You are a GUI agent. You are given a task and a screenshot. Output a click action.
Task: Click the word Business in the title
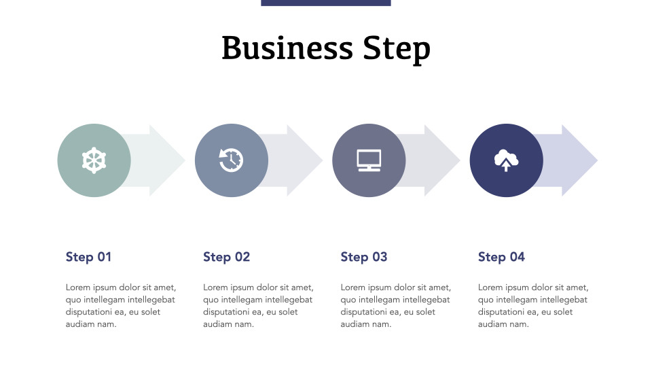(287, 49)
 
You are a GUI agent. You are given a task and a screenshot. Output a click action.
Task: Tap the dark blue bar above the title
(326, 3)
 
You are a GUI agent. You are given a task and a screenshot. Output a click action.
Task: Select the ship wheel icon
(94, 160)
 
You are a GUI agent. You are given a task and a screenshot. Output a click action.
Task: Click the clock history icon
(232, 160)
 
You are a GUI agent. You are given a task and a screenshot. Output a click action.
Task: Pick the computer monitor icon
(369, 160)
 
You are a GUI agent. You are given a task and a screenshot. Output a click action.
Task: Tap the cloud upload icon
(506, 160)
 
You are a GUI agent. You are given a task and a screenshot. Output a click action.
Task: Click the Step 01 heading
(88, 257)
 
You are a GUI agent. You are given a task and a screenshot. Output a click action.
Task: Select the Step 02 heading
(226, 257)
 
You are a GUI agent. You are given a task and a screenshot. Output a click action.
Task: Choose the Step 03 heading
(363, 257)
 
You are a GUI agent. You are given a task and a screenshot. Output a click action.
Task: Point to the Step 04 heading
(501, 257)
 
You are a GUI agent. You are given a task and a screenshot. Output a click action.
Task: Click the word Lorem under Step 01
(78, 287)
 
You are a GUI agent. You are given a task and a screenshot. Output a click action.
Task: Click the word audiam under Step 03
(354, 324)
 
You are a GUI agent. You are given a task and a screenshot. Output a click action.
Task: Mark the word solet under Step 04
(562, 312)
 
